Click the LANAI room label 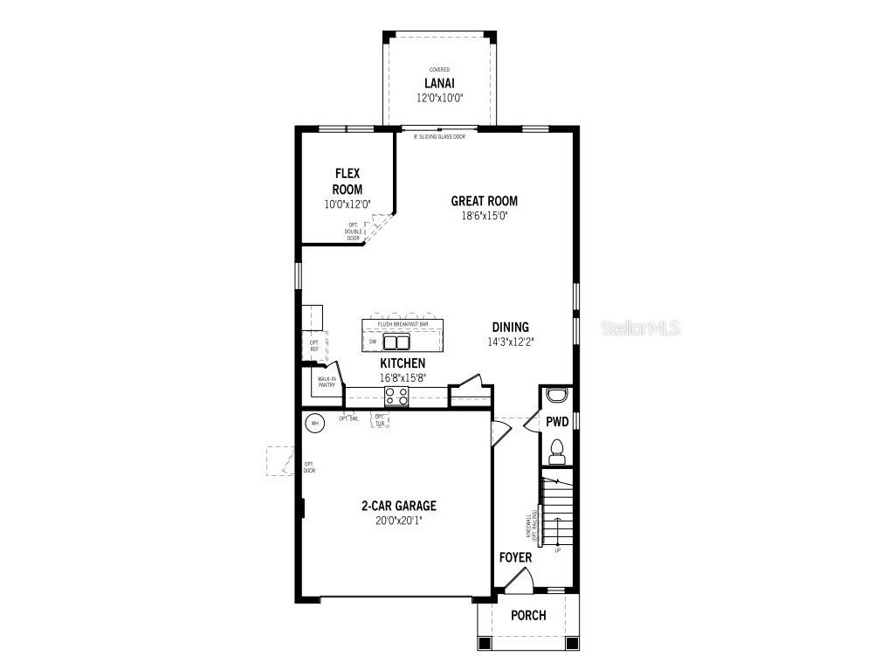[x=438, y=84]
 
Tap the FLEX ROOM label [x=348, y=182]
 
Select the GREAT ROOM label [x=484, y=201]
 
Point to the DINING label [x=511, y=328]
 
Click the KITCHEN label [x=403, y=363]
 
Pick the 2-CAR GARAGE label [x=399, y=506]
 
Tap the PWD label [x=557, y=422]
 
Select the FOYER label [x=515, y=557]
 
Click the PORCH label [x=528, y=616]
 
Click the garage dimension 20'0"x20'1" [x=399, y=521]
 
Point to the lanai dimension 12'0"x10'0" [x=438, y=99]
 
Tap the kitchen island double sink [x=397, y=342]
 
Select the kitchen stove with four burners [x=396, y=396]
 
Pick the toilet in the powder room [x=556, y=452]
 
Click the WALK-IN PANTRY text [x=327, y=382]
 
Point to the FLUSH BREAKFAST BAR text [x=403, y=324]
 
